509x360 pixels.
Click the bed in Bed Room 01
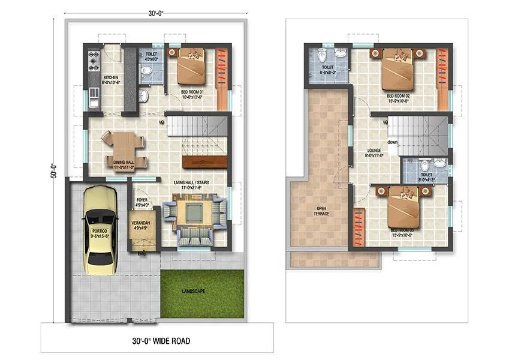(x=191, y=67)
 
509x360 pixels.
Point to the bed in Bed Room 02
(x=397, y=71)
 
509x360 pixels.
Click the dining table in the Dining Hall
(x=123, y=148)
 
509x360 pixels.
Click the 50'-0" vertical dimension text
(x=53, y=170)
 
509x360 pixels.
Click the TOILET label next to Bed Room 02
(x=327, y=68)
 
